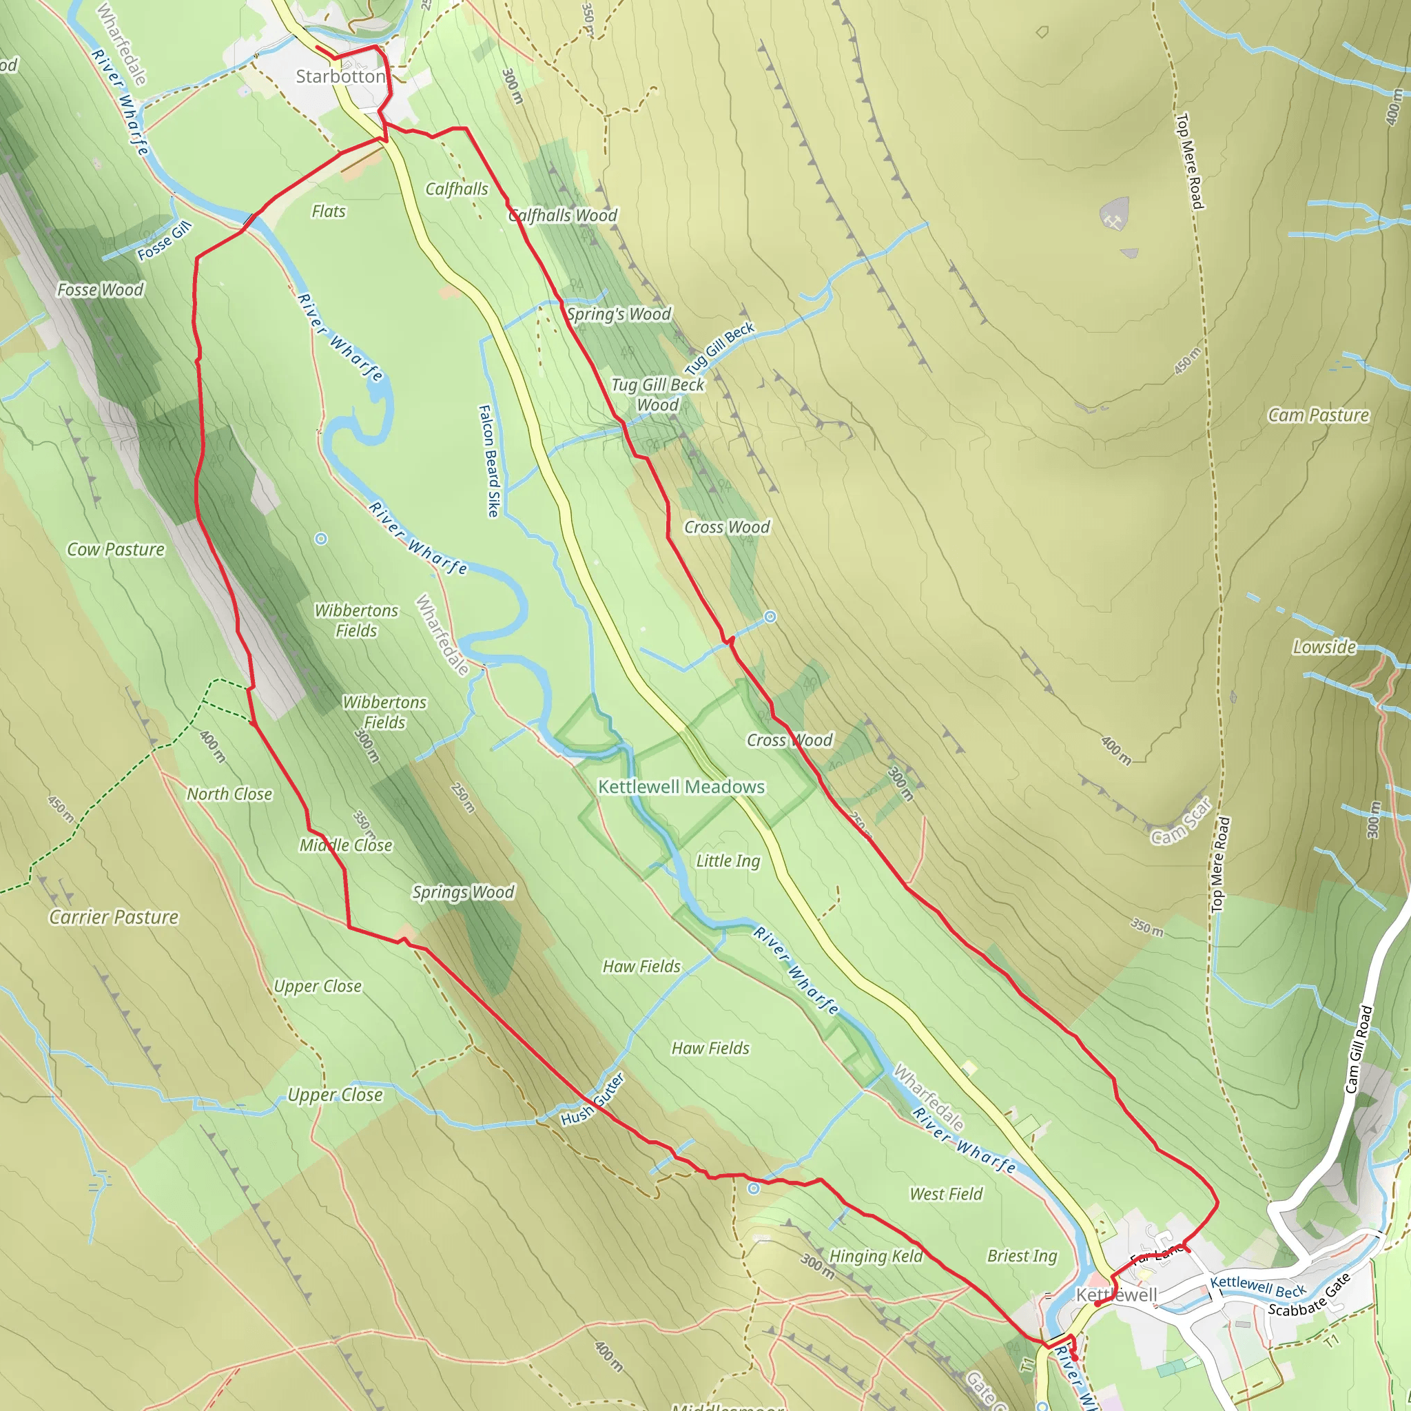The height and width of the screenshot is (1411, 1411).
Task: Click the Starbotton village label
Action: click(x=340, y=76)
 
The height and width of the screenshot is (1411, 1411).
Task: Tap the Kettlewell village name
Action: click(x=1117, y=1295)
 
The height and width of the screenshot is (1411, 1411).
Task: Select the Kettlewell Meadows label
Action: click(x=681, y=787)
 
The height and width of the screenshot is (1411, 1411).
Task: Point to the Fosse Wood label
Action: click(x=101, y=290)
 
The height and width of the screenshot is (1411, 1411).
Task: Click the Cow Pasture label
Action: click(x=116, y=549)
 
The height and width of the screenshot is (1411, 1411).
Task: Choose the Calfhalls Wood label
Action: click(x=563, y=216)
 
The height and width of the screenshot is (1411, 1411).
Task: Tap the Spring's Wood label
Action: click(x=619, y=314)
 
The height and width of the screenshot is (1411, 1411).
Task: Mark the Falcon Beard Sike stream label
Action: click(x=489, y=461)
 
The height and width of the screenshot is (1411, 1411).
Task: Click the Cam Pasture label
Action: click(x=1318, y=415)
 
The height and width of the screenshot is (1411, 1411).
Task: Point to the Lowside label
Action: click(x=1324, y=647)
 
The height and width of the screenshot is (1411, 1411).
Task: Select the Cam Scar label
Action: click(x=1181, y=822)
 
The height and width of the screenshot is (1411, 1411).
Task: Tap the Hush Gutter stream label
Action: click(x=593, y=1099)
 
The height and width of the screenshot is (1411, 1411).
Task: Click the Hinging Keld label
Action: click(x=876, y=1256)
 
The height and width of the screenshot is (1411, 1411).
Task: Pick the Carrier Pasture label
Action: click(x=114, y=917)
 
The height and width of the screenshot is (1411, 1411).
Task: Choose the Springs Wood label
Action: click(x=463, y=892)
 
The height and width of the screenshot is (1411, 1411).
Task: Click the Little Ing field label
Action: click(x=728, y=861)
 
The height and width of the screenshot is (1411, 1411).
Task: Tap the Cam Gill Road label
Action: click(x=1360, y=1049)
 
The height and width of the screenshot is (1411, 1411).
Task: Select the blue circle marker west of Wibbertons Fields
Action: click(x=320, y=539)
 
